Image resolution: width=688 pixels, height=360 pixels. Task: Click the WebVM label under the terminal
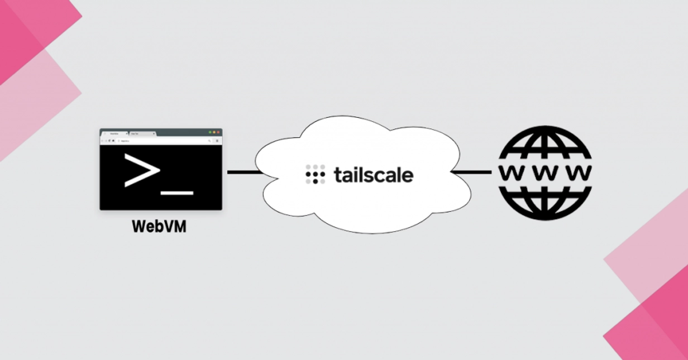[x=159, y=227]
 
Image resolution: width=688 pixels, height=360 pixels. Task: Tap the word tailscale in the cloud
[x=374, y=175]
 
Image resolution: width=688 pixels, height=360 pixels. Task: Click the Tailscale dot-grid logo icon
[x=315, y=174]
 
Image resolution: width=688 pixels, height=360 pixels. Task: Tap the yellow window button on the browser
[x=214, y=132]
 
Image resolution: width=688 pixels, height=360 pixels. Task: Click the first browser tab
[x=115, y=135]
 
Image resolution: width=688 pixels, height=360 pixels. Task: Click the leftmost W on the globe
[x=511, y=172]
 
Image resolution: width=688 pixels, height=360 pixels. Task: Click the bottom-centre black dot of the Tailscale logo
[x=315, y=181]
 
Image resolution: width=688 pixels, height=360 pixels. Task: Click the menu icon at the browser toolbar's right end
[x=217, y=141]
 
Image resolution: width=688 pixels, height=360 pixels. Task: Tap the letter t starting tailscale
[x=337, y=175]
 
